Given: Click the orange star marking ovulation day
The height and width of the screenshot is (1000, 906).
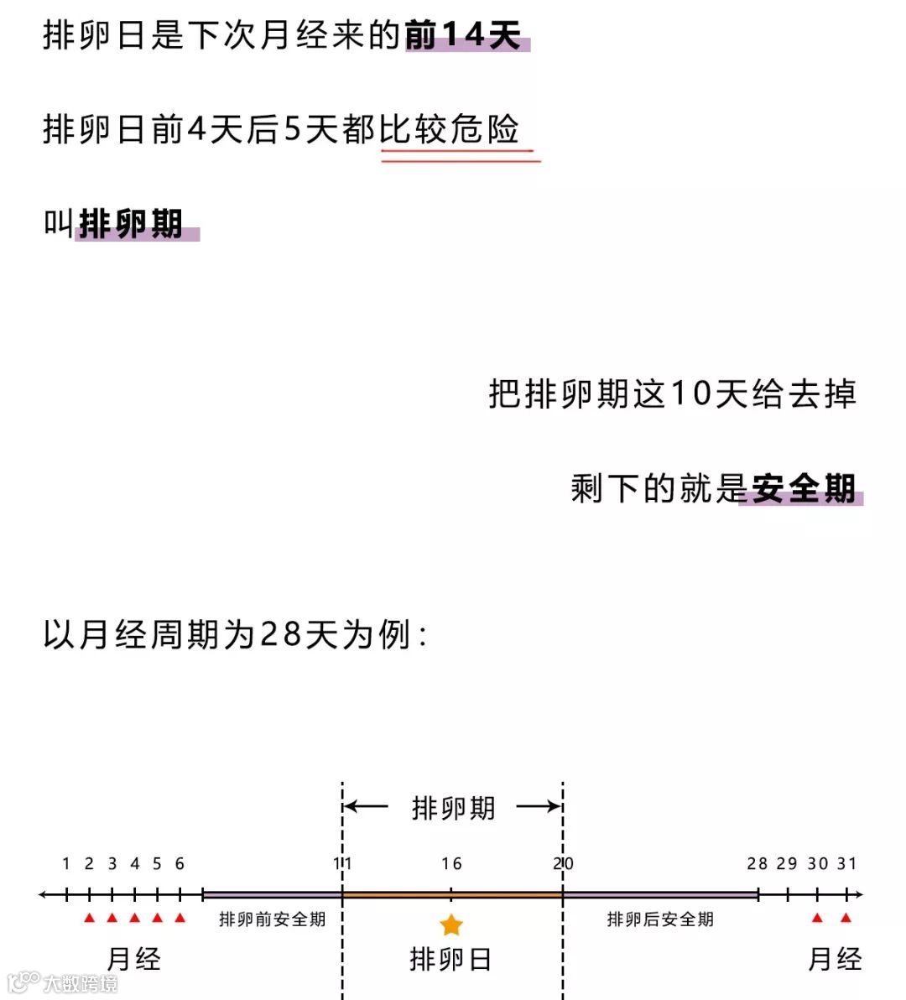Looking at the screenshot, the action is tap(451, 924).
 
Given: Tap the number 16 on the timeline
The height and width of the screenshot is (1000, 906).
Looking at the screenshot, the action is tap(451, 863).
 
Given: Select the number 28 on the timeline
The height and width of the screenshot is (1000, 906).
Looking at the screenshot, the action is tap(758, 863).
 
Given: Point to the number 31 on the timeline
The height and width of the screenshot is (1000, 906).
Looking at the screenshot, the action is tap(846, 863).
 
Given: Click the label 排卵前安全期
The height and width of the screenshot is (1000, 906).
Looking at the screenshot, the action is tap(272, 919).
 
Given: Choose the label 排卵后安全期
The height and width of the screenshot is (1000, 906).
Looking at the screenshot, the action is tap(660, 919).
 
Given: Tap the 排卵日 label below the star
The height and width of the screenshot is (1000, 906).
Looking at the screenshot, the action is tap(450, 959).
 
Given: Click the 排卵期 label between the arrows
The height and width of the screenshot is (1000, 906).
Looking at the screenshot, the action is tap(453, 808).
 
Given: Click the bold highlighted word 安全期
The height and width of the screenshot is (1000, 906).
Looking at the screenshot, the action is tap(803, 488).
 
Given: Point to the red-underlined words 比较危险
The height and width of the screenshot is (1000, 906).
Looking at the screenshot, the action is tap(450, 130).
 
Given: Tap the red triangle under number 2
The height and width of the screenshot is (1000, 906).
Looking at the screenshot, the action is tap(90, 918).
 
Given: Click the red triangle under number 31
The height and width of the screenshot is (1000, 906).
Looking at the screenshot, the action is tap(846, 918).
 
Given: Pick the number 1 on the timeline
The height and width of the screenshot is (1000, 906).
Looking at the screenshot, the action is tap(66, 863).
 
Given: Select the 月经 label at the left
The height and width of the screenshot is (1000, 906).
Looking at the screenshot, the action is tap(134, 959).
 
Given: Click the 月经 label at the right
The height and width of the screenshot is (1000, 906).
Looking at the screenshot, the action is tap(835, 959).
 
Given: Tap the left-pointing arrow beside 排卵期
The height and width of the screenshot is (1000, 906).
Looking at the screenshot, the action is tap(367, 807).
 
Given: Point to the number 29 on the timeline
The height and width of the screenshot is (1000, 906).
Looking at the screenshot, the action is tap(787, 863).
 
